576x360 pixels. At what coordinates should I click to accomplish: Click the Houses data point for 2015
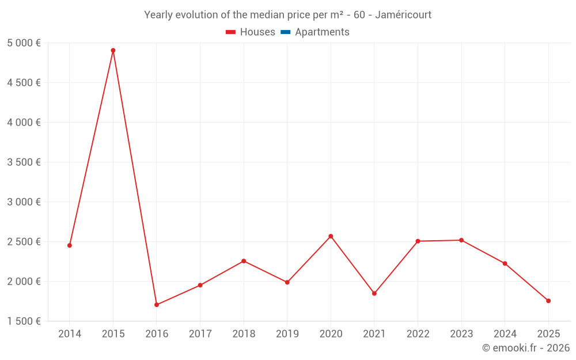[x=113, y=51]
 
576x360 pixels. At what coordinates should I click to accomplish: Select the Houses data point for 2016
[x=157, y=305]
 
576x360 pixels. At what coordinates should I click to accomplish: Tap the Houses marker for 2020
[x=331, y=236]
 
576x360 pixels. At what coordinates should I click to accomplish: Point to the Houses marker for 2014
[x=70, y=245]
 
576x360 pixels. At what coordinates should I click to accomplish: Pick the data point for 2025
[x=548, y=301]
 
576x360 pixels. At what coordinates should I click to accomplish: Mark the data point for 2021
[x=374, y=294]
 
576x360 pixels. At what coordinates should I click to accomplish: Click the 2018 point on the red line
[x=244, y=261]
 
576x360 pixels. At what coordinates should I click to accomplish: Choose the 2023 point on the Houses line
[x=461, y=240]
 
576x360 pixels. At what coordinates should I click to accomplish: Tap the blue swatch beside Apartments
[x=286, y=32]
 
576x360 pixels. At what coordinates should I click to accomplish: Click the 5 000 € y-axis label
[x=24, y=43]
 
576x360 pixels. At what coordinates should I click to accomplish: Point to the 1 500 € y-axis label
[x=24, y=321]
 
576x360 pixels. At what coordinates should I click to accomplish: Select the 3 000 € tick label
[x=24, y=202]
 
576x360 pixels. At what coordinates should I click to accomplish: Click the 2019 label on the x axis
[x=287, y=334]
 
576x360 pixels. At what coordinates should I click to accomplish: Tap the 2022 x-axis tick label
[x=418, y=334]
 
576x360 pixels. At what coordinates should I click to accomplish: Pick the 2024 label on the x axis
[x=505, y=334]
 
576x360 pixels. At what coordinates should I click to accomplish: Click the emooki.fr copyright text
[x=525, y=348]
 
